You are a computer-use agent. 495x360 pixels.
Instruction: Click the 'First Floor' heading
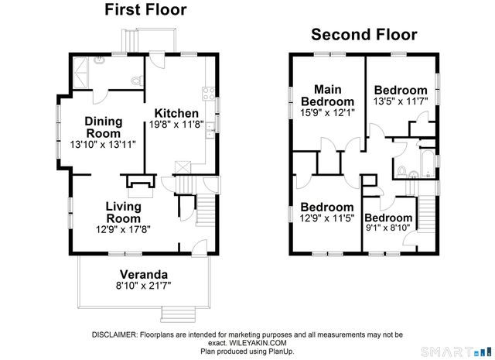tap(145, 10)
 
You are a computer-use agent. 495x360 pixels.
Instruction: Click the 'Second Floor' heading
tap(364, 35)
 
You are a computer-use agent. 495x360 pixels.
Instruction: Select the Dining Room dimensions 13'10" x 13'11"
tap(103, 145)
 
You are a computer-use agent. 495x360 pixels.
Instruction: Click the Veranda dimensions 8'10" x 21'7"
tap(144, 286)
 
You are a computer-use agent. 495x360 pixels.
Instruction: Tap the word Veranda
tap(143, 274)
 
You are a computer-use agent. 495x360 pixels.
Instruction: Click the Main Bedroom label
tap(327, 95)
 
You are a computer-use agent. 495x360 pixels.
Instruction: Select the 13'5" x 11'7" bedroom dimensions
tap(401, 101)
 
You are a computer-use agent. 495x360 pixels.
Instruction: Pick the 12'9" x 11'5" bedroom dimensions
tap(327, 218)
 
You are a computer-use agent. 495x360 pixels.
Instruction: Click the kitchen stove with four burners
tap(207, 94)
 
